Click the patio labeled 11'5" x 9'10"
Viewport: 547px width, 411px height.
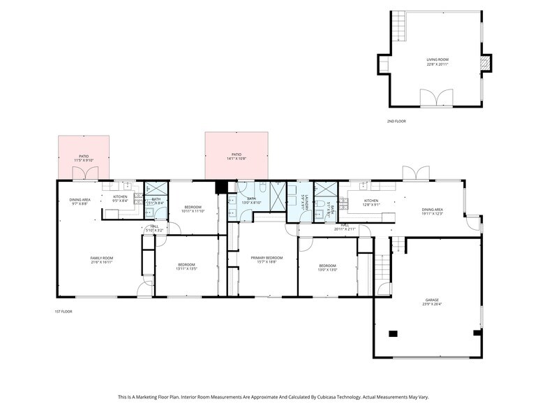(84, 158)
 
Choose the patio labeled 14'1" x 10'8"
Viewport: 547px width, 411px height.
(237, 156)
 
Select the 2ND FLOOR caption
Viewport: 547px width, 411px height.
(396, 122)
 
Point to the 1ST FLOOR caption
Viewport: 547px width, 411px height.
(63, 311)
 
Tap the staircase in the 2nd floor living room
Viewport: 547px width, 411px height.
(398, 27)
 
